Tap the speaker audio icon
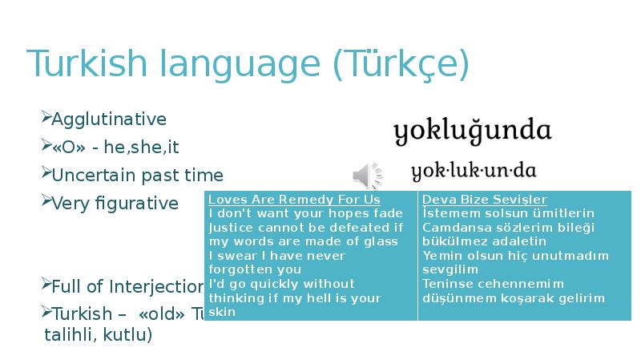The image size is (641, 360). click(x=367, y=175)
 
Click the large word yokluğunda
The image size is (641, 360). click(x=473, y=131)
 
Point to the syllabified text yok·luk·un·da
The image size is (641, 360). click(x=474, y=171)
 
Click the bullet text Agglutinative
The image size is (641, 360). click(x=109, y=119)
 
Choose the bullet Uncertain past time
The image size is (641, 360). click(x=137, y=175)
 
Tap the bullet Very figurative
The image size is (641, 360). click(x=115, y=203)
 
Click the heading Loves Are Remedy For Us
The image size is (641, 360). click(x=294, y=199)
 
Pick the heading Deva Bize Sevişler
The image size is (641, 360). click(x=485, y=199)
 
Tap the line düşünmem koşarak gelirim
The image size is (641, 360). click(x=514, y=297)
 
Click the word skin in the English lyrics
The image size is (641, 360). click(x=222, y=312)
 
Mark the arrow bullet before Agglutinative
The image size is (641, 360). click(x=45, y=119)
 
